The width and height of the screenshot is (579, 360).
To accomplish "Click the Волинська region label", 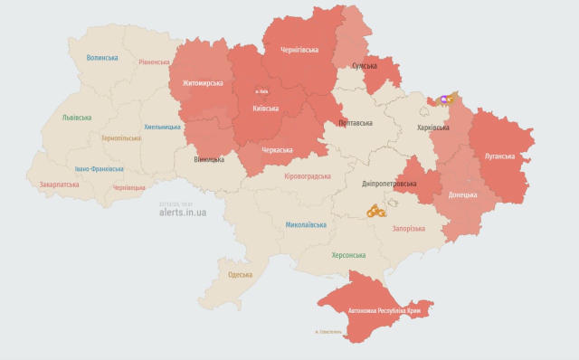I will tap(102, 58).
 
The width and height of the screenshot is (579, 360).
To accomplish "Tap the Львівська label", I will tap(77, 118).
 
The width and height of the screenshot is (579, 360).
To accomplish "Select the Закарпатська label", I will tap(59, 185).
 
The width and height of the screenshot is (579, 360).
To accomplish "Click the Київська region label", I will tap(265, 109).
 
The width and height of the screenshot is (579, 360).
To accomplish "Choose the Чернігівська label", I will tap(299, 51).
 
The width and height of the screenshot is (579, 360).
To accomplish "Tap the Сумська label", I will tap(365, 66).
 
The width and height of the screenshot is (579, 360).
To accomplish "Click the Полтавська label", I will tap(355, 122).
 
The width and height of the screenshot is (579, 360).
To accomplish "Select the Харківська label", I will tap(432, 128).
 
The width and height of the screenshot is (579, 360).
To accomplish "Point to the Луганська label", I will tap(499, 156).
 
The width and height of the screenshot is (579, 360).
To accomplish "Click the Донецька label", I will tap(462, 194).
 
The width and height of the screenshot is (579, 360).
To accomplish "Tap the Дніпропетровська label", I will tap(389, 184).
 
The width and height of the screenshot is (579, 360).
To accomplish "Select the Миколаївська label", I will tap(306, 224).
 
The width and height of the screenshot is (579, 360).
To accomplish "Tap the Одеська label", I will tap(240, 274).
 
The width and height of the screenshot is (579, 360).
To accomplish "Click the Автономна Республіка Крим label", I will tap(385, 310).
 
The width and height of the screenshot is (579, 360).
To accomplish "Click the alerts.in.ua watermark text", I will tap(183, 213).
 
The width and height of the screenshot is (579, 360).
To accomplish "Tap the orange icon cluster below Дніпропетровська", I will tap(376, 211).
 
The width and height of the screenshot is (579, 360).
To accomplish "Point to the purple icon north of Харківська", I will tap(443, 99).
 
